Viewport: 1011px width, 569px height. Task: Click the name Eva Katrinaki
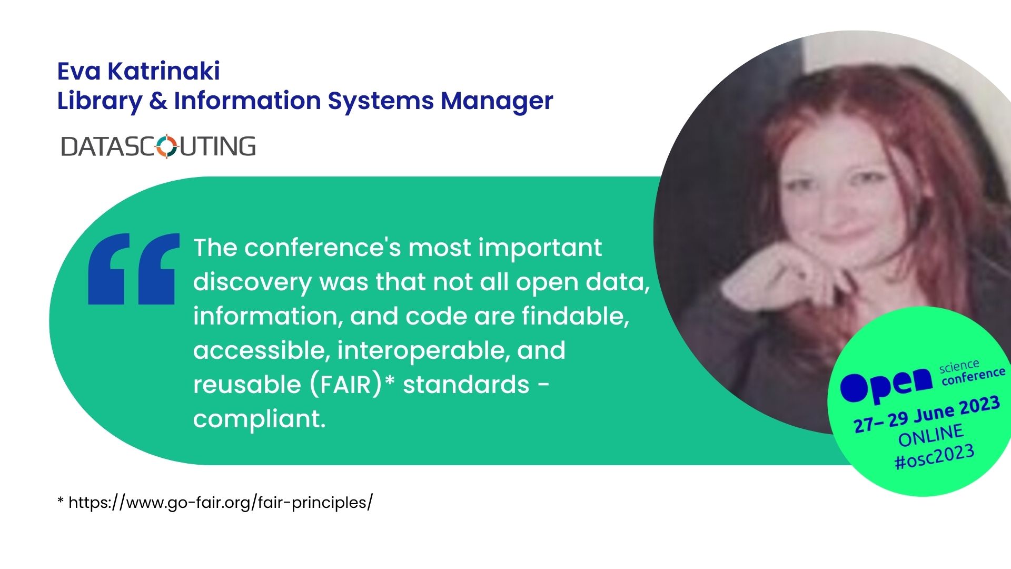click(138, 71)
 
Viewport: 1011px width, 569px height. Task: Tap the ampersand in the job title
click(158, 101)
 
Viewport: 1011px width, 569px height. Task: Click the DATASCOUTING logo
click(158, 146)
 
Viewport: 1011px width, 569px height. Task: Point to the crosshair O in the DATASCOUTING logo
click(167, 146)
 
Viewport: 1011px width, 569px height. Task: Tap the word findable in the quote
click(576, 316)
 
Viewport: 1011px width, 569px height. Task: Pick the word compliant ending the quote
click(260, 419)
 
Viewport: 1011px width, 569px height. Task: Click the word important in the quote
click(540, 248)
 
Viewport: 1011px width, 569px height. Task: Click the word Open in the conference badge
click(886, 383)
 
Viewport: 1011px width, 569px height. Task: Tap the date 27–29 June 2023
click(927, 415)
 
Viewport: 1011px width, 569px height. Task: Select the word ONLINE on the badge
click(931, 435)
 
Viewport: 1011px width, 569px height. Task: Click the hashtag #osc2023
click(934, 457)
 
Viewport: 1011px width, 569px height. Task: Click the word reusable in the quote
click(247, 385)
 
